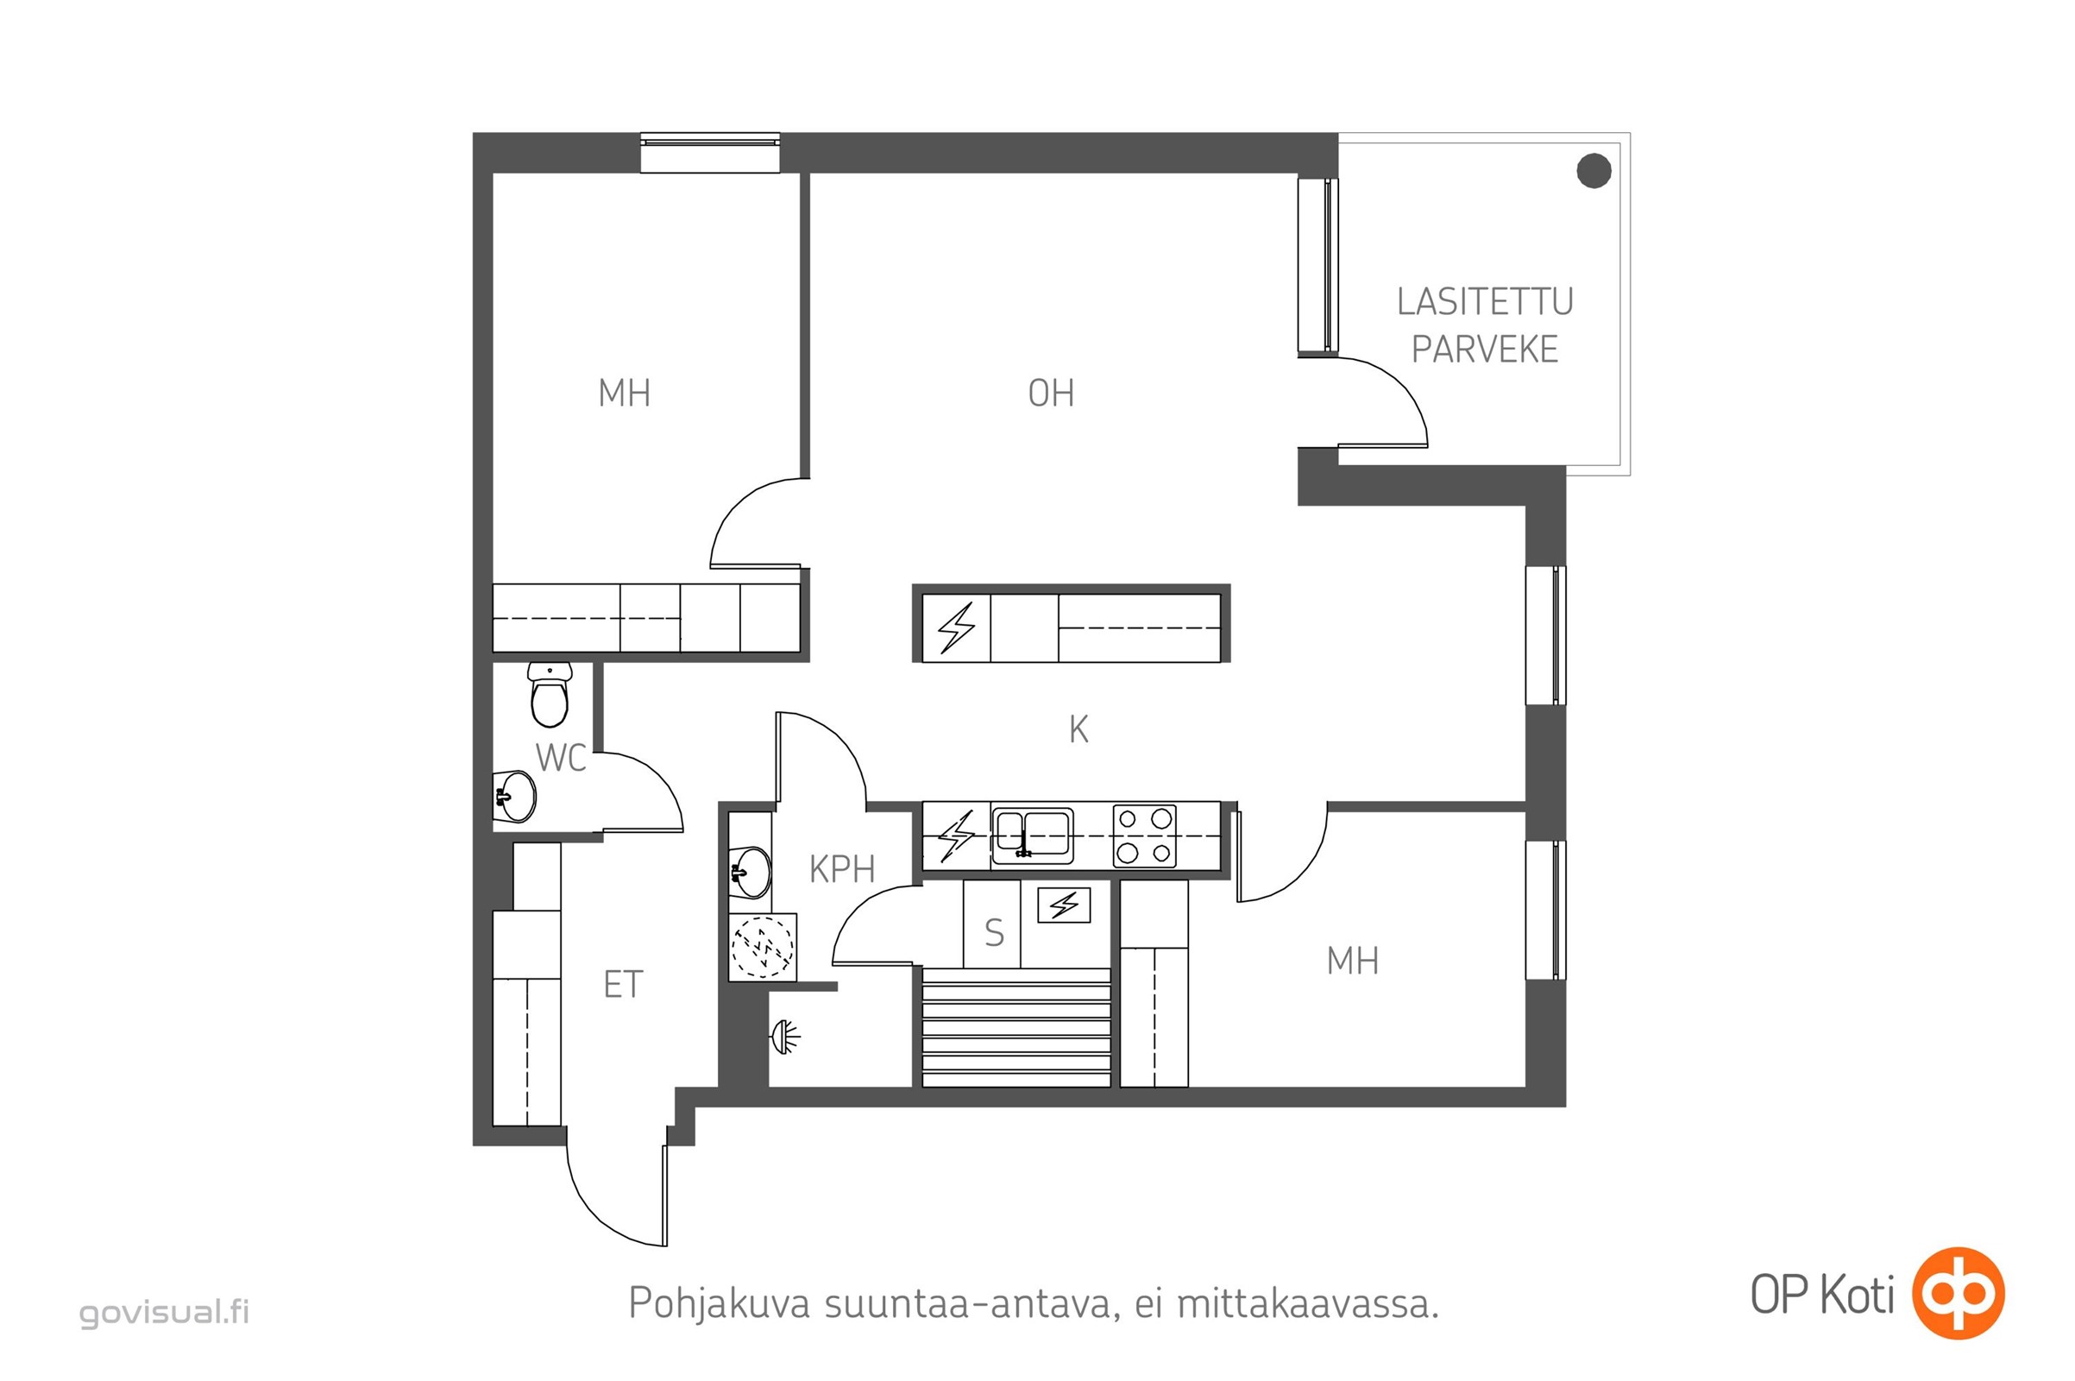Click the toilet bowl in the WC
pyautogui.click(x=550, y=695)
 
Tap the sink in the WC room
pyautogui.click(x=514, y=796)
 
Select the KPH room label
pyautogui.click(x=841, y=869)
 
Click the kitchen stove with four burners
pyautogui.click(x=1144, y=836)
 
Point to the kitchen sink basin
pyautogui.click(x=1033, y=834)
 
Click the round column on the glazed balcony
pyautogui.click(x=1594, y=171)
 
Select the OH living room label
pyautogui.click(x=1051, y=393)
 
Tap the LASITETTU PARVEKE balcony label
pyautogui.click(x=1485, y=326)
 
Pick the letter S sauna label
pyautogui.click(x=994, y=932)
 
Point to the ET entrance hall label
pyautogui.click(x=623, y=985)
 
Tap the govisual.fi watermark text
pyautogui.click(x=165, y=1312)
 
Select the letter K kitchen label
pyautogui.click(x=1078, y=729)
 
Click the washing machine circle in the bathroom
pyautogui.click(x=763, y=947)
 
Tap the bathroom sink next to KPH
pyautogui.click(x=750, y=872)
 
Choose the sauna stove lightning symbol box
pyautogui.click(x=1065, y=905)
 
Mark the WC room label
pyautogui.click(x=561, y=758)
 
